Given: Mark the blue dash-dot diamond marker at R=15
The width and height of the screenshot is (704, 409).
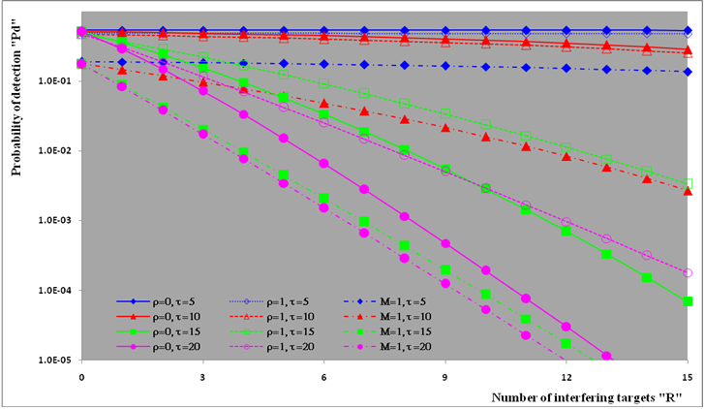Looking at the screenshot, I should pos(687,72).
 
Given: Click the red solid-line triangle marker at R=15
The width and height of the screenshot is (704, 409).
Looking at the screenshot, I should pos(687,49).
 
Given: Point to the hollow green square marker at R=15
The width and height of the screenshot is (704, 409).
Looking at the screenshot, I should pos(687,182).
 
